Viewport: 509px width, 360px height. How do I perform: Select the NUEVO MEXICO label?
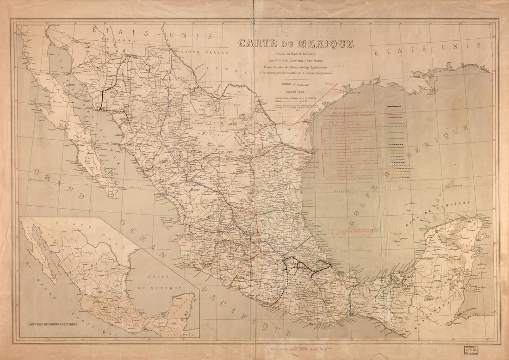click(x=199, y=52)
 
